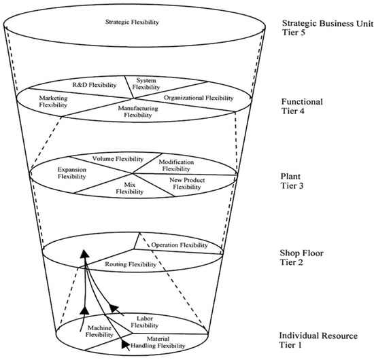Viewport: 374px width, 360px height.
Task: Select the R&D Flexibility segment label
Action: [x=95, y=86]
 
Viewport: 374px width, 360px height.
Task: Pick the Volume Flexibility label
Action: [x=107, y=158]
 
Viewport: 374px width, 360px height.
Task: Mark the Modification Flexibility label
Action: [x=177, y=166]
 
